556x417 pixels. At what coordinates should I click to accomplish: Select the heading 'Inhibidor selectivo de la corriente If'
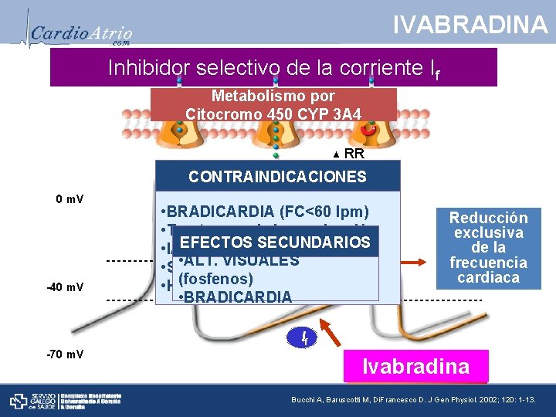point(273,68)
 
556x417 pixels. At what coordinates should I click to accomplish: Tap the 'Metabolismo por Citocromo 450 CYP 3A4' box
point(273,105)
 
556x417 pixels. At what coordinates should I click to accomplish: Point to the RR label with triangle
point(348,153)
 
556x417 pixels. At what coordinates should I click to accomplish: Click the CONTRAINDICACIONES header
point(278,176)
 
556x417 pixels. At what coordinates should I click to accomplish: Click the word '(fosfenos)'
point(215,279)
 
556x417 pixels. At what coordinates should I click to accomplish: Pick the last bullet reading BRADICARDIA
point(224,297)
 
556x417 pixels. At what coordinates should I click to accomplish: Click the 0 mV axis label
point(70,199)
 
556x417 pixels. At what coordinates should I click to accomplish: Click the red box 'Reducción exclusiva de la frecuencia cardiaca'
point(488,247)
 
